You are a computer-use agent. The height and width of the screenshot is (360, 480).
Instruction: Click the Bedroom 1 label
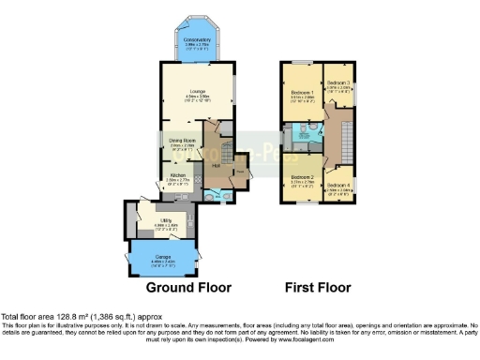point(300,93)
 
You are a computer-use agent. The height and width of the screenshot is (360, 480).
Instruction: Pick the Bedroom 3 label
point(337,84)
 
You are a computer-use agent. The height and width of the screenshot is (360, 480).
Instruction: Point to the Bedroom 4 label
point(338,186)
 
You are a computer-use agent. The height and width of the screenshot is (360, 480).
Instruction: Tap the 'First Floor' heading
point(319,287)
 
